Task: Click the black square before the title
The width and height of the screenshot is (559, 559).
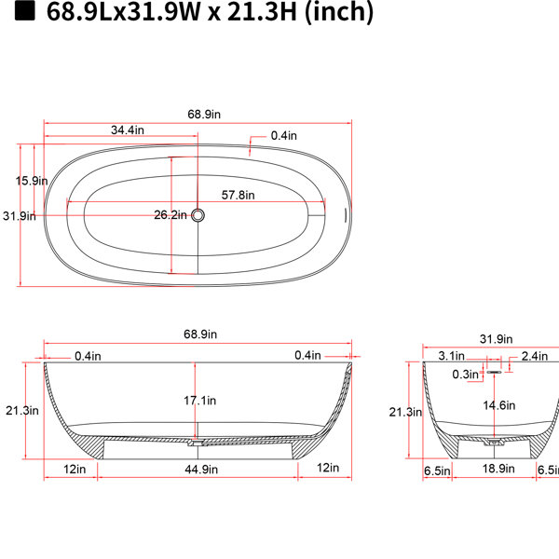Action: [x=24, y=10]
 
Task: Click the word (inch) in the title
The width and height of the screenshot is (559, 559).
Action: [x=339, y=12]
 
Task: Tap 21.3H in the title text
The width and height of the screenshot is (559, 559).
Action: [x=262, y=11]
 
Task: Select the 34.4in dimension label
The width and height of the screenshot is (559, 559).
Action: [x=128, y=130]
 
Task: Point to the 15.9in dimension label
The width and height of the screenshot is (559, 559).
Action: [x=32, y=181]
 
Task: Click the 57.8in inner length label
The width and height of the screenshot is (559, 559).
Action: [x=238, y=196]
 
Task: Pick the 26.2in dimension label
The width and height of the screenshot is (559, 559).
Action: [x=170, y=215]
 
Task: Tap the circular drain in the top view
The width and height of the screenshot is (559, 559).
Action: [x=198, y=215]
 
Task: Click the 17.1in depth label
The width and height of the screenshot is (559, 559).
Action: [x=199, y=401]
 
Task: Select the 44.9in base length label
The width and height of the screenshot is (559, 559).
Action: [x=201, y=470]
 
